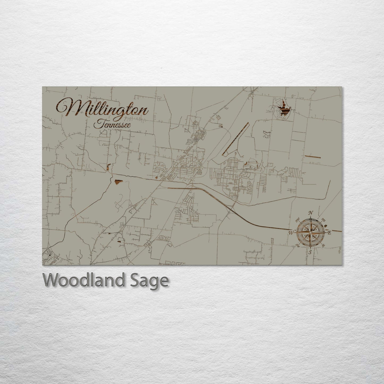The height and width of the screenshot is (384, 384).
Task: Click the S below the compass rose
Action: coord(310,252)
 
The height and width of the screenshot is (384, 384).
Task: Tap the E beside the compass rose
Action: coord(329,233)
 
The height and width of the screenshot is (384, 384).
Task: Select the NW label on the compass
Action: coord(297,220)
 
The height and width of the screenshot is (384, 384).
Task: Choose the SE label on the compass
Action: coord(323,246)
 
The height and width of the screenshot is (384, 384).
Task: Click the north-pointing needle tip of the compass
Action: coord(310,218)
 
